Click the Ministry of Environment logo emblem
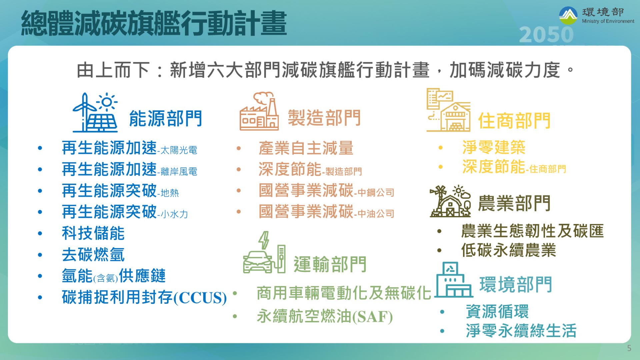click(568, 16)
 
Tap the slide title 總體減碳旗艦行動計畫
click(154, 23)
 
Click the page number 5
click(629, 348)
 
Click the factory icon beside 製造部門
click(259, 111)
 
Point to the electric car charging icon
click(264, 252)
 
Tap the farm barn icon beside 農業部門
click(450, 201)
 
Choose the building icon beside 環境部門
click(454, 280)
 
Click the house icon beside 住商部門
click(449, 110)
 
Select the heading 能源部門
click(165, 118)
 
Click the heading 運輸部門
click(330, 264)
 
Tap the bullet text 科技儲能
click(93, 233)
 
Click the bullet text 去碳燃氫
click(93, 255)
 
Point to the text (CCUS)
click(200, 298)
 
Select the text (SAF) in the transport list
click(373, 317)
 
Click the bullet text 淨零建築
click(494, 147)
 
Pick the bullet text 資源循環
click(497, 311)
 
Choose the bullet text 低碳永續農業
click(509, 250)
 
